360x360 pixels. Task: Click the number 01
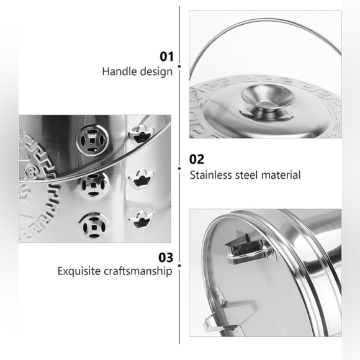click(167, 56)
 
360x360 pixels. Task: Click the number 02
click(197, 159)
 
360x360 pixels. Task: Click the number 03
click(166, 258)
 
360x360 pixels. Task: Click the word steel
click(246, 175)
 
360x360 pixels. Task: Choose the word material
click(281, 175)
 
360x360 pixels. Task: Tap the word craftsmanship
click(138, 271)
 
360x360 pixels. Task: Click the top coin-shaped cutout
click(92, 140)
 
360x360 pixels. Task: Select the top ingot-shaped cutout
click(141, 135)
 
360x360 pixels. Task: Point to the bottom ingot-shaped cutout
click(140, 220)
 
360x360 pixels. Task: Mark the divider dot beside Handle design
click(179, 66)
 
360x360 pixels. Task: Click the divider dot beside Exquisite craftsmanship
click(179, 266)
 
